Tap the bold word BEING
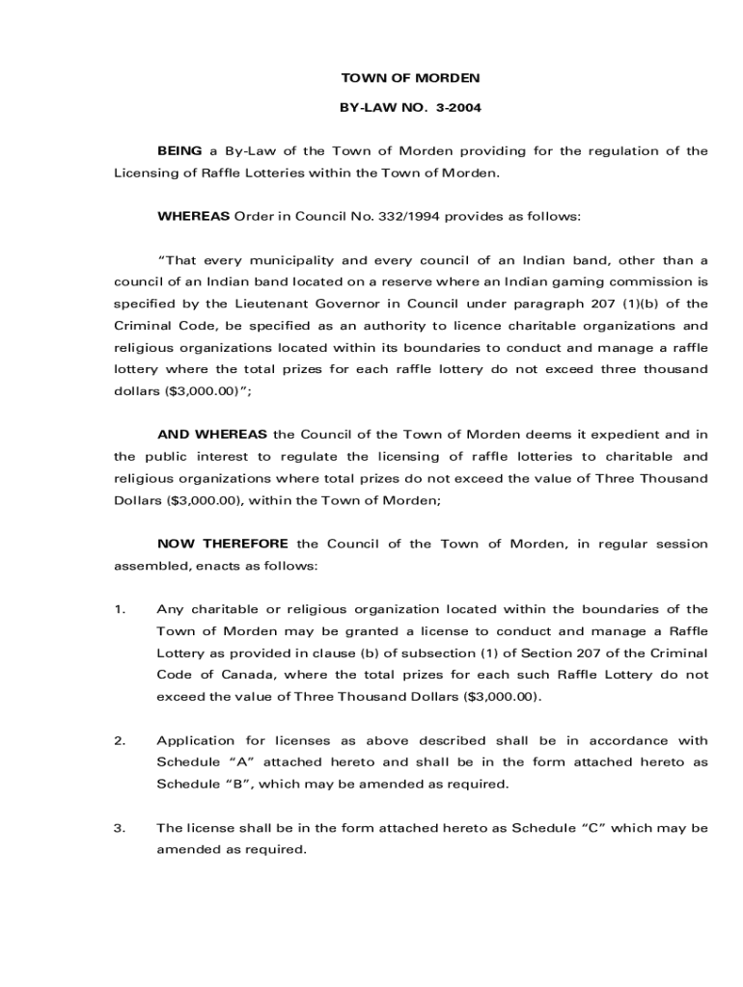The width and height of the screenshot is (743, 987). click(179, 150)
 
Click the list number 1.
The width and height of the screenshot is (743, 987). click(119, 609)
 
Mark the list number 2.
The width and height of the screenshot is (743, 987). click(120, 740)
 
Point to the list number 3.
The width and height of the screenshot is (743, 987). click(120, 828)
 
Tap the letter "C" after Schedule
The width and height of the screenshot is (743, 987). click(589, 828)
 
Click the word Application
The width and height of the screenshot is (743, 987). click(196, 740)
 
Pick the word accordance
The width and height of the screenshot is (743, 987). click(630, 740)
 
